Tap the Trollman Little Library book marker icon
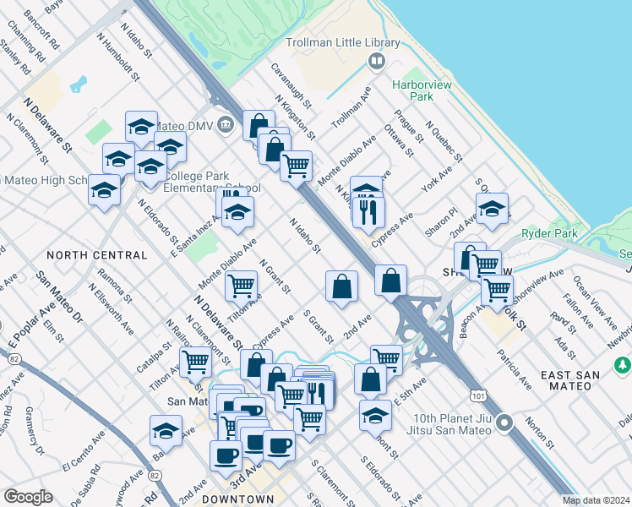376,61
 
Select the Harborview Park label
424,90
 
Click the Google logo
28,497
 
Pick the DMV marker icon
225,125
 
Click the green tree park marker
623,364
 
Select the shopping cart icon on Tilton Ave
242,286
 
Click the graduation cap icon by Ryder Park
492,207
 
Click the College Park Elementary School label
211,182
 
